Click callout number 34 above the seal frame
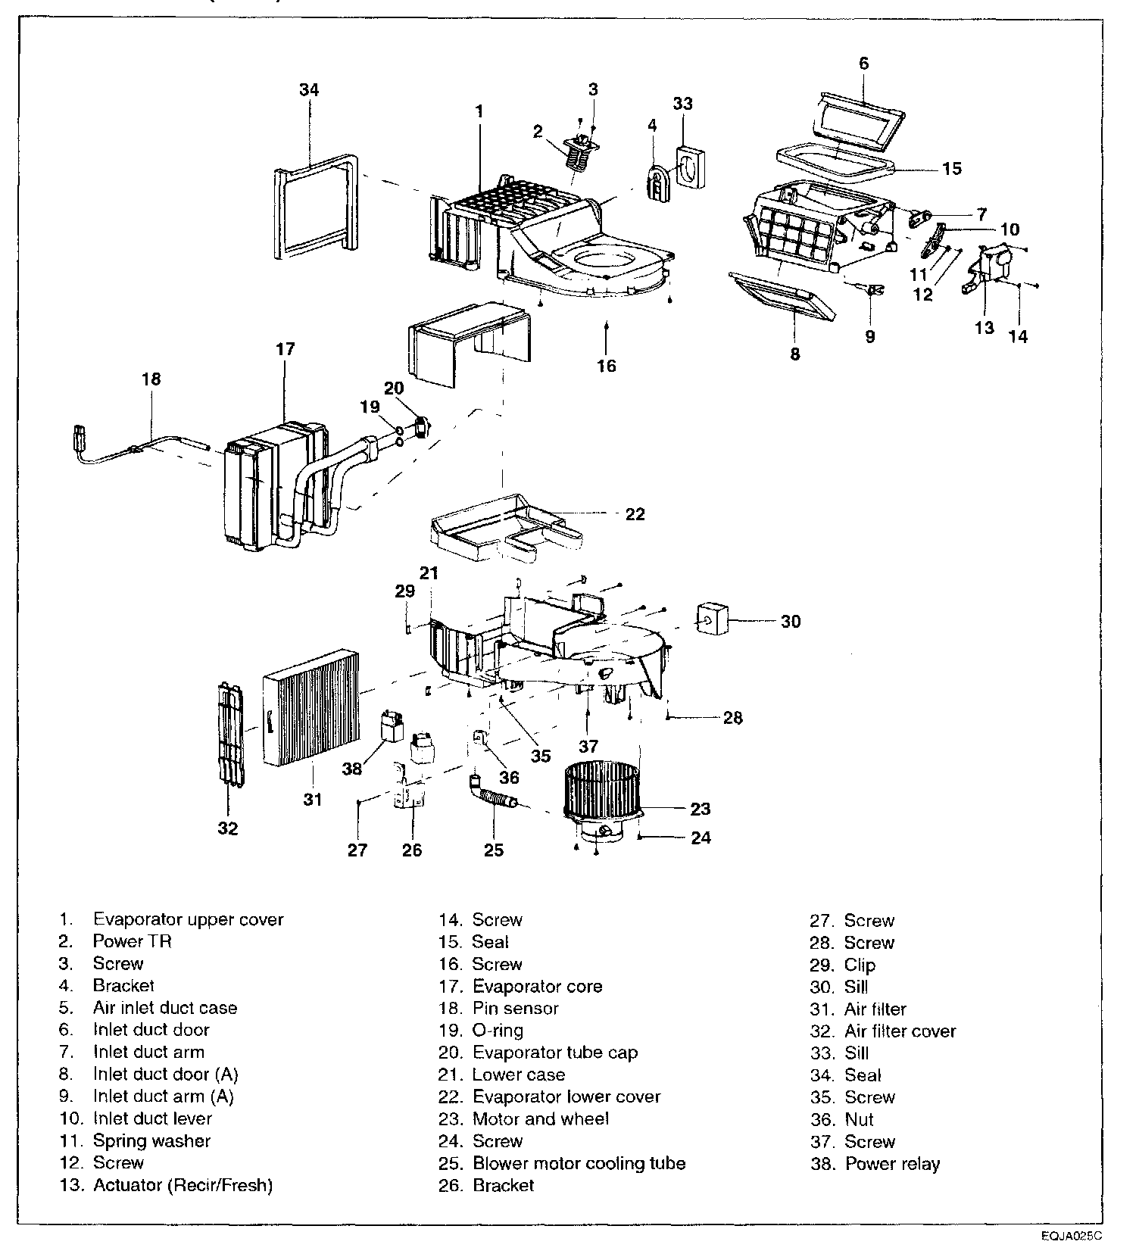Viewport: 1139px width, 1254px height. (309, 90)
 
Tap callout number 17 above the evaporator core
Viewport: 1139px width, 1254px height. (286, 350)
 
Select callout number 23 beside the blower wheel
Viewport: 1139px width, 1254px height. (701, 809)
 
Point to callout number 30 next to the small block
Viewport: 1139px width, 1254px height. (791, 622)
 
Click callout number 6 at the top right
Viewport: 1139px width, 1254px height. (864, 64)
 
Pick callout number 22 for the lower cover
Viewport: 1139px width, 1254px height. (635, 514)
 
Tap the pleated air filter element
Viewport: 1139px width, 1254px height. (313, 707)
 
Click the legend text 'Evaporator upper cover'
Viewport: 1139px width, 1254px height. (189, 919)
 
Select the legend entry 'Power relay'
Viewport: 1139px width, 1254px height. (892, 1164)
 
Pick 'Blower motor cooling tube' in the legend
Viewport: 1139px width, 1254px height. (579, 1163)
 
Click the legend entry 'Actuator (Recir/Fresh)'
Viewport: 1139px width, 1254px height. (183, 1185)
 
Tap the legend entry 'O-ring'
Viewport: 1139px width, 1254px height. (498, 1031)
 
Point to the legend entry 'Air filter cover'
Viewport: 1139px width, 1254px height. (900, 1031)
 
